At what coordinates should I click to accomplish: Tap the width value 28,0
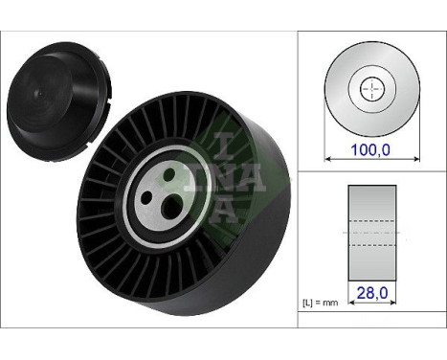click(x=370, y=297)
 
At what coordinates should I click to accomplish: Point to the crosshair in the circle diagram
click(x=370, y=89)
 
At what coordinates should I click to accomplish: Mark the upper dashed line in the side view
click(x=370, y=223)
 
